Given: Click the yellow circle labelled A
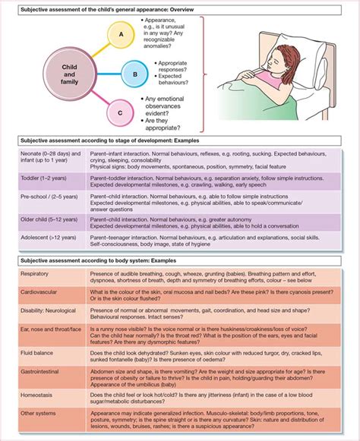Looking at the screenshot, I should click(x=120, y=33).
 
